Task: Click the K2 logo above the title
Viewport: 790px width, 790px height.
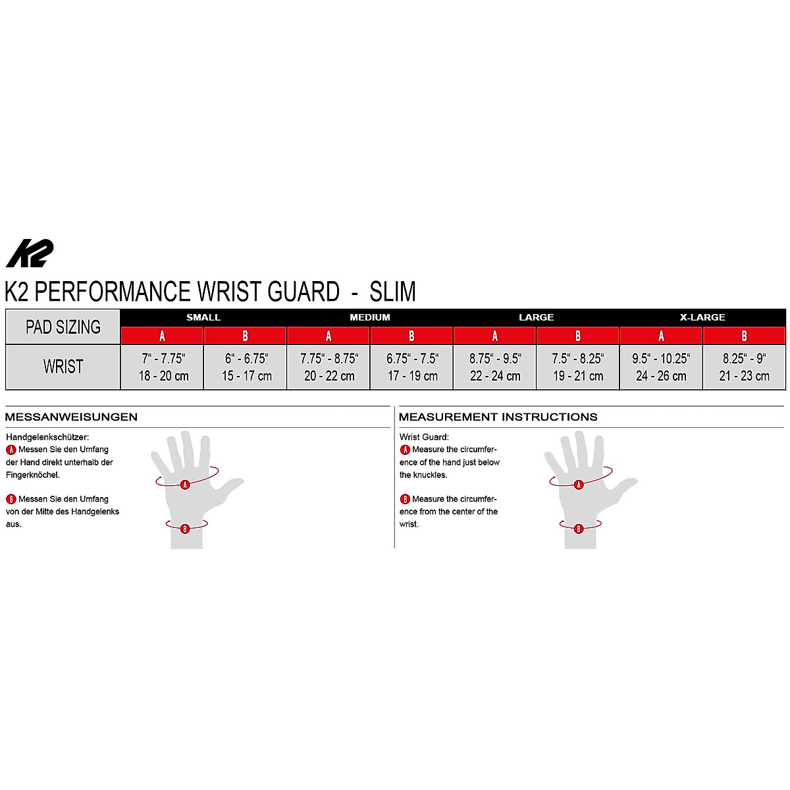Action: pos(30,253)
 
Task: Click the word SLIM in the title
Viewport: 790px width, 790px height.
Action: pos(392,292)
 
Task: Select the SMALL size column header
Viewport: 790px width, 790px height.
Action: pos(203,317)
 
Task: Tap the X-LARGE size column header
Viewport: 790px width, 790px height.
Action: pos(702,317)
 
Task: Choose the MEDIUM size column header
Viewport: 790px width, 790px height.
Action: pos(370,317)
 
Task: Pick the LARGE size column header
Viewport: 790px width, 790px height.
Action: pos(536,317)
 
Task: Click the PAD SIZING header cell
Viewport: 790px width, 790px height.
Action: pos(63,327)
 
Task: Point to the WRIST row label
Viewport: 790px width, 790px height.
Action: pos(63,367)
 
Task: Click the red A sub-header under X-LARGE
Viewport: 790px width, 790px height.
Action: pos(661,336)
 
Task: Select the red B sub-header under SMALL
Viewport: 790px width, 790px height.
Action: pos(245,336)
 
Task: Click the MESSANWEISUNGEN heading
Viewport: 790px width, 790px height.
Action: pos(71,417)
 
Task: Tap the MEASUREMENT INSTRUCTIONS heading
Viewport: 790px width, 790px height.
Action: pos(498,417)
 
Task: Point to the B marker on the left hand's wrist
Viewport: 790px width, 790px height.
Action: pos(185,528)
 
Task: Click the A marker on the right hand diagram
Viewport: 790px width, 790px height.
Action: pos(579,485)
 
